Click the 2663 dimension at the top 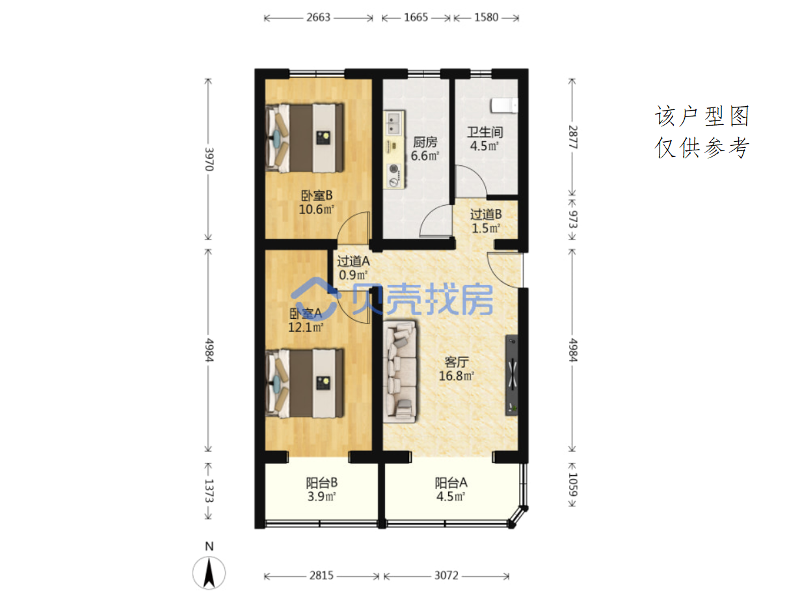[x=318, y=17]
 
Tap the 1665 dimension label [x=416, y=17]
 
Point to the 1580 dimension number [x=486, y=17]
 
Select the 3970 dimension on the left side [x=209, y=159]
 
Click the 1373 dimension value [x=209, y=490]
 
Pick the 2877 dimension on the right [x=572, y=137]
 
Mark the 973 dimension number [x=572, y=219]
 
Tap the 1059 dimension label [x=572, y=485]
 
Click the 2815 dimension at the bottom [x=321, y=575]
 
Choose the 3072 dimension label [x=446, y=575]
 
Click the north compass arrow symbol [x=209, y=573]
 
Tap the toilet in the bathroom [x=504, y=105]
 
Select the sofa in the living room [x=400, y=371]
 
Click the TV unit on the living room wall [x=511, y=375]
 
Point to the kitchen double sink [x=393, y=123]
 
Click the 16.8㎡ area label [x=457, y=376]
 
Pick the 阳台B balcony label [x=321, y=483]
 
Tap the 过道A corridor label [x=353, y=261]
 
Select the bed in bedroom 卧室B [x=304, y=138]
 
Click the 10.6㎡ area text [x=316, y=209]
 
